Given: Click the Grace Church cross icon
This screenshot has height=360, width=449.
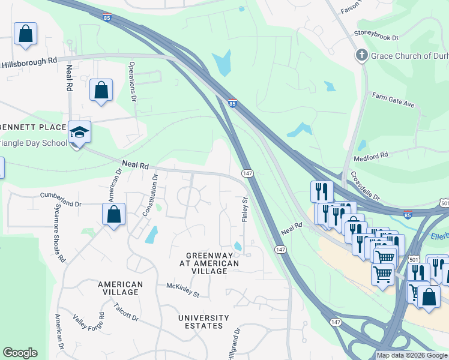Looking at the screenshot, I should (x=361, y=56).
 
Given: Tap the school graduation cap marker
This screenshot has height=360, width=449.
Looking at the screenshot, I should (x=79, y=132).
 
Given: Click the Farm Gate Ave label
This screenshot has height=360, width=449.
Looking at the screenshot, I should (x=393, y=100).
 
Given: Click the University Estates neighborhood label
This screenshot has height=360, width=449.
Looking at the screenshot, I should (x=203, y=322).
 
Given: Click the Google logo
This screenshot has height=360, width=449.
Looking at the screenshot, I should (x=20, y=353).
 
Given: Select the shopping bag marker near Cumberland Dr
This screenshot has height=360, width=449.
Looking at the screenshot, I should (x=113, y=215).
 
